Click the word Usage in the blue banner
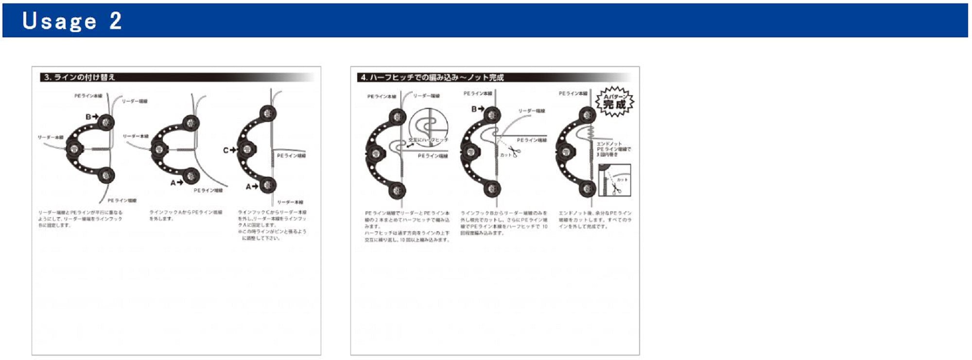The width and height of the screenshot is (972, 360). pos(59,21)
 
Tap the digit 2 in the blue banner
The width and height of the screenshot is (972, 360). pos(115,21)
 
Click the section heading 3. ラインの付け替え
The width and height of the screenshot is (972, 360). pos(79,77)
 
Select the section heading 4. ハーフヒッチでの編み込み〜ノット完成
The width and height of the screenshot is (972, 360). pos(432,77)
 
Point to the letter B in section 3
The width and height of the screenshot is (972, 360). pos(88,117)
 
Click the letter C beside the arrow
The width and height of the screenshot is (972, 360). pos(226,151)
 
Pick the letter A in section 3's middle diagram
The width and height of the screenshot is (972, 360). pos(173,183)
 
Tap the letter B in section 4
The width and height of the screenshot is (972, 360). pos(474,109)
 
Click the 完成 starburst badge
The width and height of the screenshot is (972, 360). pos(615,102)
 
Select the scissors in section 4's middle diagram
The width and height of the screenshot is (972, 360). pos(514,151)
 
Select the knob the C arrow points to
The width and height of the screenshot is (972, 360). pos(246,150)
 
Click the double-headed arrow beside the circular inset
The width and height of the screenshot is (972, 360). pos(411,145)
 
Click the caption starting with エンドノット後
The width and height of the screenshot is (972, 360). pos(595,220)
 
